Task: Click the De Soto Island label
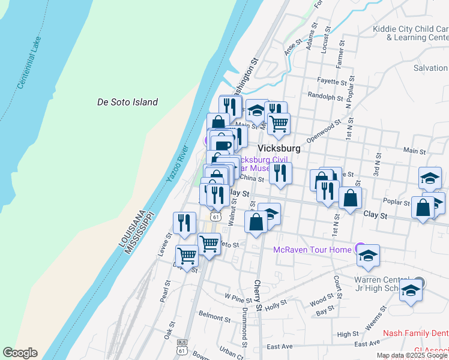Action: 127,102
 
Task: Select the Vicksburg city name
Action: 279,148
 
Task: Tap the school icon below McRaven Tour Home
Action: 368,256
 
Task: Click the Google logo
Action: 20,353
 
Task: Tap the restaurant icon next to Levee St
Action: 185,223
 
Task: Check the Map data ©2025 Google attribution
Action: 412,355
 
